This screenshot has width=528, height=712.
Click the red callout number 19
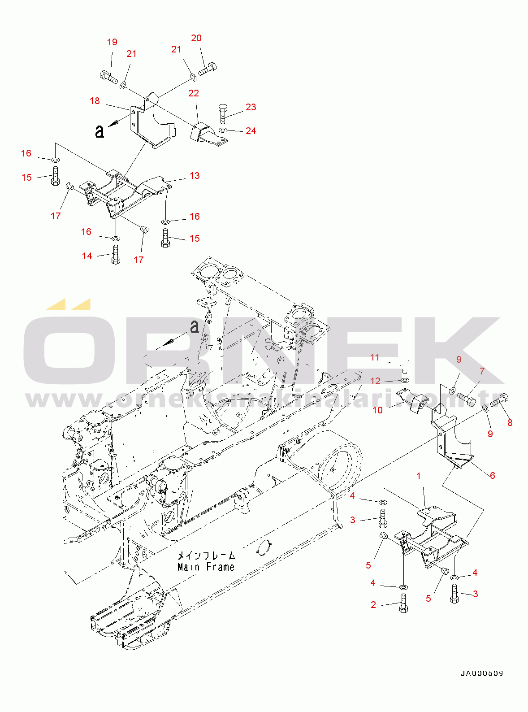pos(112,42)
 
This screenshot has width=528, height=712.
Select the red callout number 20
pos(196,38)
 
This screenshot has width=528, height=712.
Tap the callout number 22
pos(194,93)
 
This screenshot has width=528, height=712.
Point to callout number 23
pos(251,107)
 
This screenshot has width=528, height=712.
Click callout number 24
pos(251,131)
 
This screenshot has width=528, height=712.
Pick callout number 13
pos(195,176)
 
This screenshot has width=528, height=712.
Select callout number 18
pos(95,101)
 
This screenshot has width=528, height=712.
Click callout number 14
pos(87,256)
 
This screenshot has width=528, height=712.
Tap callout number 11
pos(375,357)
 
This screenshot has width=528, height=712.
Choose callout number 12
pos(375,381)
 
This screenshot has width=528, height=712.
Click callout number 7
pos(482,371)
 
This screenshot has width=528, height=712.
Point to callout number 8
pos(510,422)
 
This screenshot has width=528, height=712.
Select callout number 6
pos(492,475)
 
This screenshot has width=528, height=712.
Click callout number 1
pos(419,476)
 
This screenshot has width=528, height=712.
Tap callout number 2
pos(373,605)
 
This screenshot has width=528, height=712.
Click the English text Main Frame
pos(206,567)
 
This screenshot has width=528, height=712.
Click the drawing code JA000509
pos(482,673)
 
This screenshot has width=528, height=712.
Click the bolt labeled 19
pos(108,77)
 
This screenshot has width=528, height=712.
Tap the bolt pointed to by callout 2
pos(403,603)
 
